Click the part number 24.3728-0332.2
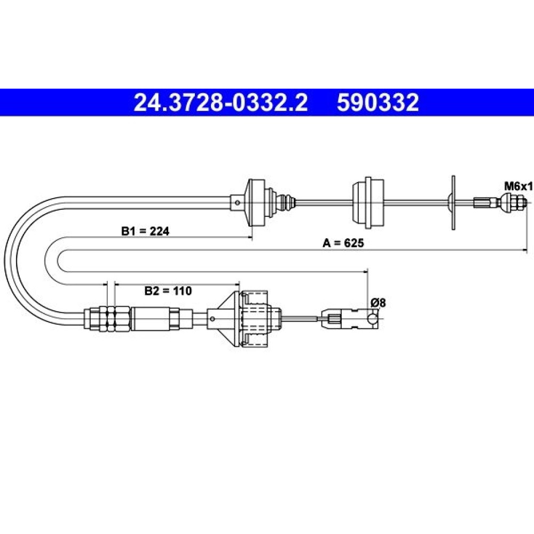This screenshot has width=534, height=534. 221,103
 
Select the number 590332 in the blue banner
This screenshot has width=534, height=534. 378,103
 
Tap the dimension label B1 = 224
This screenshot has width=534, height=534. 145,231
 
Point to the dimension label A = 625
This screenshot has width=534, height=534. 343,243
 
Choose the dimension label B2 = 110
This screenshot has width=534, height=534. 168,291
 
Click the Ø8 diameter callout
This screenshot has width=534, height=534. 378,302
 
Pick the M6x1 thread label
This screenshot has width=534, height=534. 518,186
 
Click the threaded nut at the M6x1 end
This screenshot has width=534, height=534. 514,202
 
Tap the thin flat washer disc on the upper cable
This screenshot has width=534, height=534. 453,202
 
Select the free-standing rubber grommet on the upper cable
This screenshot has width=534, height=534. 368,202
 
